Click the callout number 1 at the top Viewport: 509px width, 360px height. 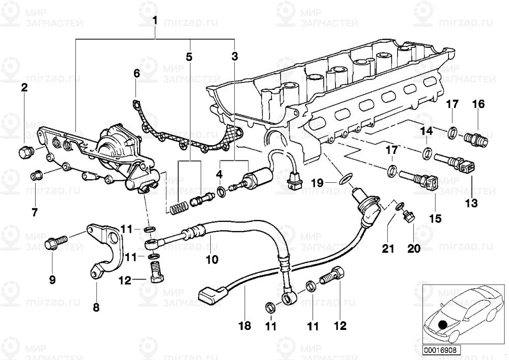pos(155,21)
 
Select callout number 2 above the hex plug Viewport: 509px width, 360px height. pos(24,88)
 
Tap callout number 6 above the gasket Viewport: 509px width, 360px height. pos(136,74)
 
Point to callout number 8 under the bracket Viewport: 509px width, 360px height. pos(96,307)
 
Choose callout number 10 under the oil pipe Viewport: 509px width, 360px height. pos(212,260)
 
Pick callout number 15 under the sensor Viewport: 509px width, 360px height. pos(436,218)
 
